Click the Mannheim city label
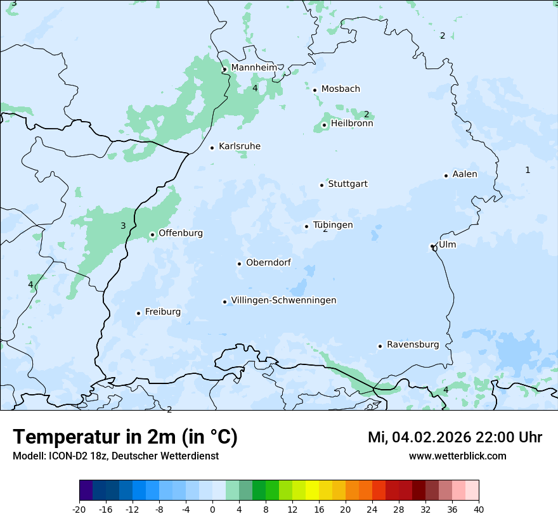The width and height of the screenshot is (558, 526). click(254, 68)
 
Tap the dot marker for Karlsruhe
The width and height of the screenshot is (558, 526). click(212, 148)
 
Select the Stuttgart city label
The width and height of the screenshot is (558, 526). click(347, 184)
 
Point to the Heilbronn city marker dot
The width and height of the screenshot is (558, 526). click(324, 125)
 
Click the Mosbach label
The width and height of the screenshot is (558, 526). click(341, 89)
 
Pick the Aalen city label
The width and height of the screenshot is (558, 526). click(465, 174)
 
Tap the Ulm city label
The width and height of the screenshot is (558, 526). click(447, 245)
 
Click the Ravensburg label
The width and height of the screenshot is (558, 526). click(413, 345)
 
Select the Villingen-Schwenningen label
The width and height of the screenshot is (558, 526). click(283, 300)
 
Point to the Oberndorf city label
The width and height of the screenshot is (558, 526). click(268, 262)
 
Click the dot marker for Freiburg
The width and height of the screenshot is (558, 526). click(138, 313)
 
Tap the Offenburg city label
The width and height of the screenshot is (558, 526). click(181, 233)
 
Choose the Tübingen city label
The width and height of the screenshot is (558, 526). click(333, 225)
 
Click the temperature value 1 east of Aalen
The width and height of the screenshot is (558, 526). click(528, 170)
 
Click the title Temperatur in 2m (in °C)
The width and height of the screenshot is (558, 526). click(125, 437)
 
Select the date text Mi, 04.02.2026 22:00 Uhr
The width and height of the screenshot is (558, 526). click(455, 437)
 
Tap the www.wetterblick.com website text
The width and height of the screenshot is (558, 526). click(457, 456)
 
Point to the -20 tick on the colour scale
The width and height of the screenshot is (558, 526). click(79, 509)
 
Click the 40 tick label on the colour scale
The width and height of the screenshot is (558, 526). click(479, 509)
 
